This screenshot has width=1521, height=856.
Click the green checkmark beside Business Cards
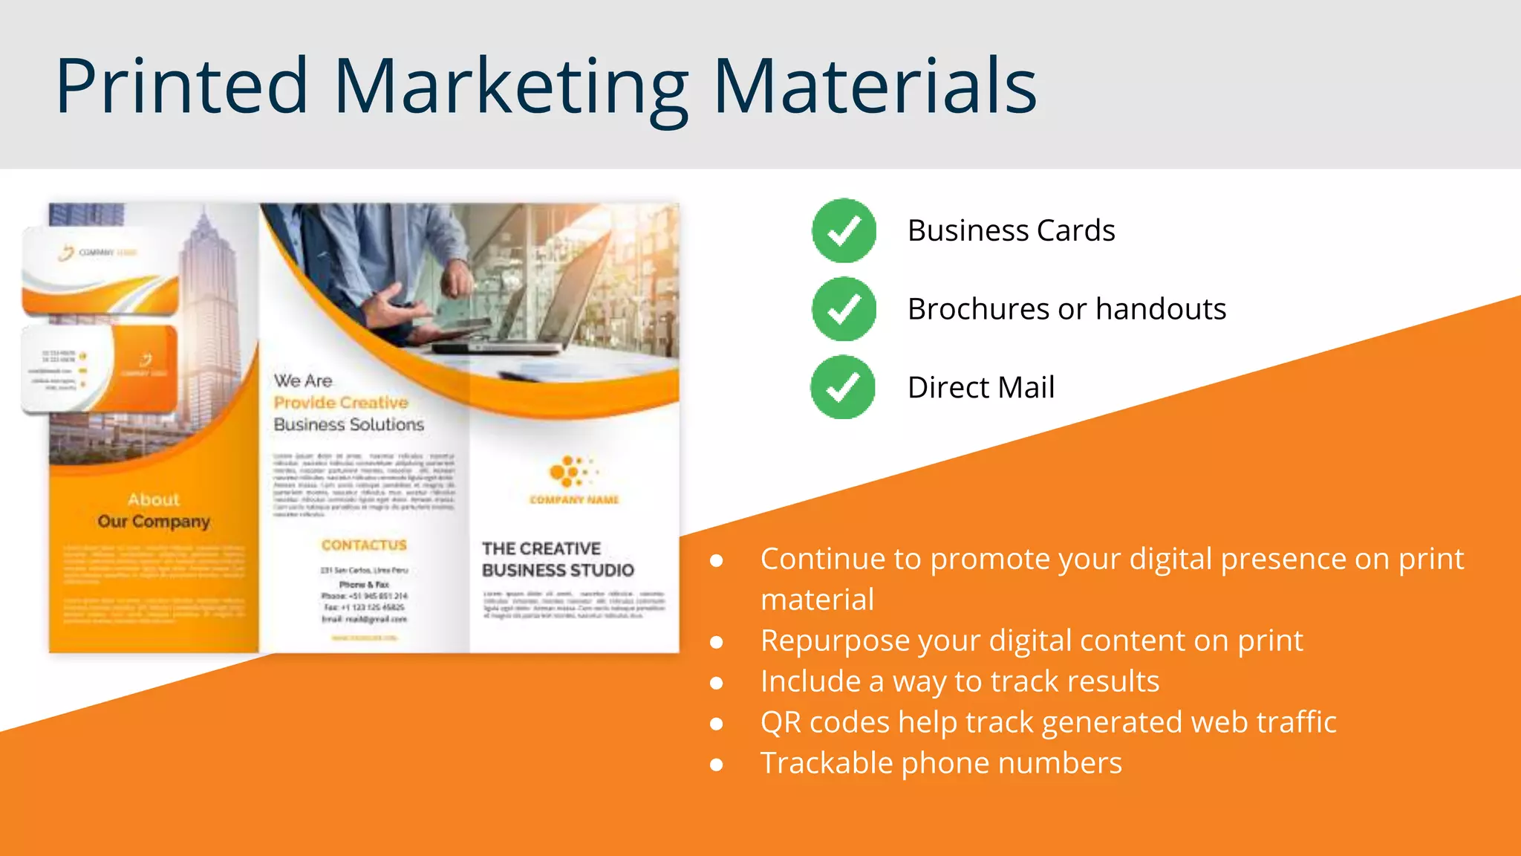point(844,231)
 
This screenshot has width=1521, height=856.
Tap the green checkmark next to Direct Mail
point(843,387)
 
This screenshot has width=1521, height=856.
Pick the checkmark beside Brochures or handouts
point(844,309)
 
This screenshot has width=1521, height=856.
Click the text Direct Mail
point(980,388)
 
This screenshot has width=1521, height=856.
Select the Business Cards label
point(1011,231)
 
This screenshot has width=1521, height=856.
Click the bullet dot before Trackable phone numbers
point(717,765)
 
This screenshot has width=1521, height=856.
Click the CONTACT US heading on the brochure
point(364,545)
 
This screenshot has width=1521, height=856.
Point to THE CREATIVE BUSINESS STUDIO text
point(557,560)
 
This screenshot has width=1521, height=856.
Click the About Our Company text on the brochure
point(154,510)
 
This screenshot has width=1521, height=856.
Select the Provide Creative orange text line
point(341,403)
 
